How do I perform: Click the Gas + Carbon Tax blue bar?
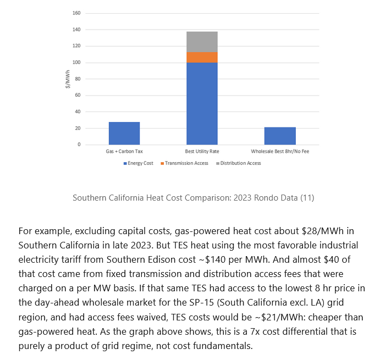pos(124,133)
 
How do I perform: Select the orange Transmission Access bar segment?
pos(202,57)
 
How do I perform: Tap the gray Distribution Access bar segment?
pos(202,42)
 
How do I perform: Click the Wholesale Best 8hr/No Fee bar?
pos(280,136)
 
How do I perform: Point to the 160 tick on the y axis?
pos(76,13)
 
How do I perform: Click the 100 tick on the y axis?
pos(76,63)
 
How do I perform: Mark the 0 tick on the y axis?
pos(79,145)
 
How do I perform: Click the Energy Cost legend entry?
pos(139,163)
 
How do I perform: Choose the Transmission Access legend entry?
pos(184,163)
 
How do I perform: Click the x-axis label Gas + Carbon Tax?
pos(124,151)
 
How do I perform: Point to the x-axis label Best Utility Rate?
pos(202,151)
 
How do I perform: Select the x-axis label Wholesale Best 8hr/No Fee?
pos(280,151)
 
